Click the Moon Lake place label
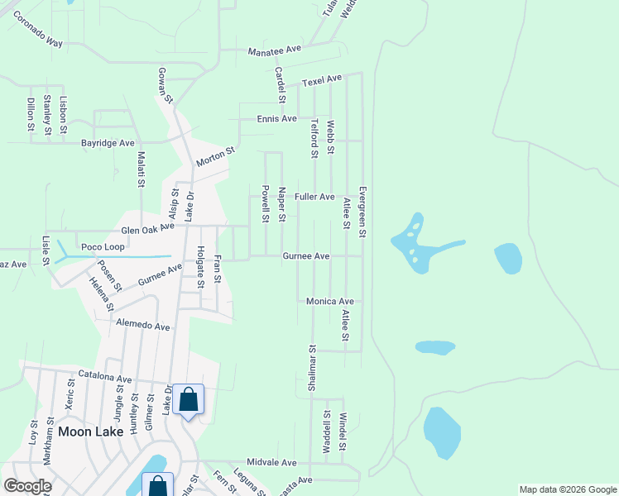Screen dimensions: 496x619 (x=90, y=432)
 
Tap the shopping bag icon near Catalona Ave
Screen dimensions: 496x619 (x=189, y=400)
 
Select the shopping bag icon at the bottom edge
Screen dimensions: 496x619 (x=157, y=486)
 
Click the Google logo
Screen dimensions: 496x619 (x=27, y=486)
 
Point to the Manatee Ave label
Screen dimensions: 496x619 (x=275, y=50)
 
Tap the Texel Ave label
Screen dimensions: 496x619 (x=322, y=80)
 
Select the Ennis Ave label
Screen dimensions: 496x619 (x=276, y=119)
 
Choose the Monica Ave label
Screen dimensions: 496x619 (x=330, y=302)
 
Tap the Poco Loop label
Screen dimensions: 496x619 (x=102, y=247)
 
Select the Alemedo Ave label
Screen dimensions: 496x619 (x=142, y=326)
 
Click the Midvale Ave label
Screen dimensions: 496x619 (x=271, y=463)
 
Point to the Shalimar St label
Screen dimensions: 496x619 (x=312, y=369)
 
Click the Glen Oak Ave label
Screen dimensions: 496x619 (x=148, y=227)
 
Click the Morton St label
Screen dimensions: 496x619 (x=216, y=157)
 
